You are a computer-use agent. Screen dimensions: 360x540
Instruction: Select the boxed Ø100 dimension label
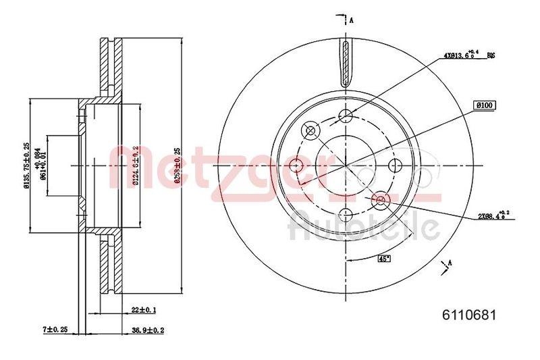[x=485, y=105]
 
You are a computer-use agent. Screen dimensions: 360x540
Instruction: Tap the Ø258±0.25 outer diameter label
[x=176, y=167]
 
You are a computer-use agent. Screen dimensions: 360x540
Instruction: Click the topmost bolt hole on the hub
[x=346, y=115]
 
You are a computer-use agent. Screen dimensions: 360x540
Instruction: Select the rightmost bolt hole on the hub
[x=398, y=165]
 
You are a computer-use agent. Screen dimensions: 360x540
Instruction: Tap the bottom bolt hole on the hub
[x=346, y=215]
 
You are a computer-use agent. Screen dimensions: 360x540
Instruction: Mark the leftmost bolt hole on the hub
[x=296, y=165]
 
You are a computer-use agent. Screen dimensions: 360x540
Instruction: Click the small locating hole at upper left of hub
[x=311, y=130]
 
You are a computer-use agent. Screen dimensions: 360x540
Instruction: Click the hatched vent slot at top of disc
[x=346, y=64]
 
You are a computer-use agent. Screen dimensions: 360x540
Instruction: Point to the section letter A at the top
[x=352, y=20]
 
